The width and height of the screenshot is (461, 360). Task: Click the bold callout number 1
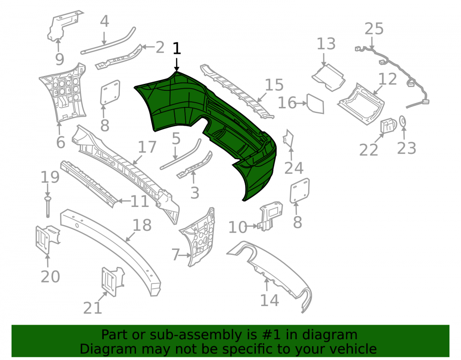click(x=177, y=48)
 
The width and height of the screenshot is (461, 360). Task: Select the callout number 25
click(x=374, y=29)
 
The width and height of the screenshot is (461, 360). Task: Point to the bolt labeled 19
click(x=47, y=207)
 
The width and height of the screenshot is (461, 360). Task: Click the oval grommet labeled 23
click(x=403, y=121)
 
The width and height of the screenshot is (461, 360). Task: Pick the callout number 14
click(x=269, y=301)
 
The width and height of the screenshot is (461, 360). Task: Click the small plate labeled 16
click(x=315, y=104)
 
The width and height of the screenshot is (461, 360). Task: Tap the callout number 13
click(x=326, y=44)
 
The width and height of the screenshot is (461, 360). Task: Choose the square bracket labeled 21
click(x=112, y=281)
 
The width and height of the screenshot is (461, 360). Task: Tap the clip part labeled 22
click(x=388, y=125)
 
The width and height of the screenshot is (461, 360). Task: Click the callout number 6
click(x=60, y=142)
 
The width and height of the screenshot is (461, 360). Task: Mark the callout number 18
click(x=142, y=225)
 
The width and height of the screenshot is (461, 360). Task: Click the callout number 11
click(x=139, y=201)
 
